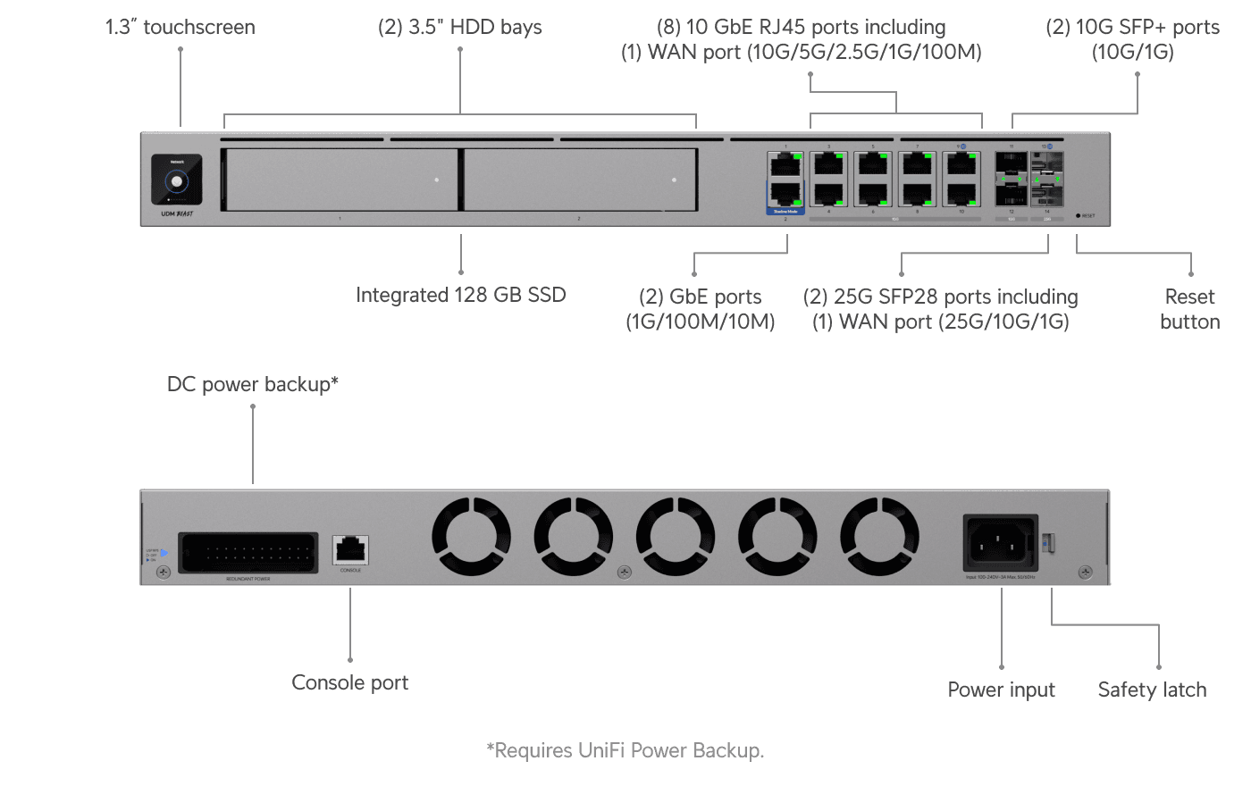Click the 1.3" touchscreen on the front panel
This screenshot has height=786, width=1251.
pyautogui.click(x=176, y=180)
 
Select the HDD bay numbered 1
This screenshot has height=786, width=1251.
pyautogui.click(x=340, y=180)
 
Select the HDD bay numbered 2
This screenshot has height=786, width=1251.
pyautogui.click(x=580, y=180)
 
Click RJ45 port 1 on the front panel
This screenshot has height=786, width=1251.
pyautogui.click(x=785, y=164)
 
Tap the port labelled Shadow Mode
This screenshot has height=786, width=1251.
pyautogui.click(x=785, y=194)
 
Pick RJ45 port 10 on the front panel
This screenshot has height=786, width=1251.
pyautogui.click(x=961, y=194)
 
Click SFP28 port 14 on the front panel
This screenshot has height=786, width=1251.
pyautogui.click(x=1046, y=195)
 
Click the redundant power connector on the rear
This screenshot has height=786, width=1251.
pyautogui.click(x=248, y=553)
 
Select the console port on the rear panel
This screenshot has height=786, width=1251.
pyautogui.click(x=350, y=549)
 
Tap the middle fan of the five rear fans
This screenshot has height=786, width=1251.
pyautogui.click(x=676, y=537)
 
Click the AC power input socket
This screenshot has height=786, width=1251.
pyautogui.click(x=1000, y=542)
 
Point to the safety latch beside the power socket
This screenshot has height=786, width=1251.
pyautogui.click(x=1049, y=542)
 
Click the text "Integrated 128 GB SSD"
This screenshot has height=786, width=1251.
pyautogui.click(x=460, y=295)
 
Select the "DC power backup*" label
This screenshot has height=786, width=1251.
pyautogui.click(x=252, y=384)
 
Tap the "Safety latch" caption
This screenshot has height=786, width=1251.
pyautogui.click(x=1152, y=690)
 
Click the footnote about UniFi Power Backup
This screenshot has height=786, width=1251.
pyautogui.click(x=625, y=750)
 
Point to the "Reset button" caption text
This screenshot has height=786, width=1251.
pyautogui.click(x=1189, y=309)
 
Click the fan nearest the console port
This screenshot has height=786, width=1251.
pyautogui.click(x=471, y=537)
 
